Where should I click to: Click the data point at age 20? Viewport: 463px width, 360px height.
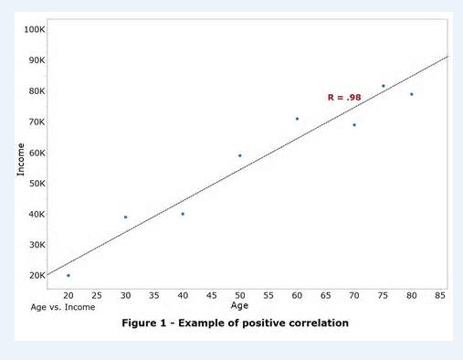[x=68, y=275]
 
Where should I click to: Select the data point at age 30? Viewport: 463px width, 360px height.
[x=125, y=217]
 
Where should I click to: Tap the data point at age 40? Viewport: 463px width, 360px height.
[x=183, y=214]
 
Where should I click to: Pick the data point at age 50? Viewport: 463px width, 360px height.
[x=239, y=155]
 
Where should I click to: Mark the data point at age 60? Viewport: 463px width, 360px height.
[x=297, y=119]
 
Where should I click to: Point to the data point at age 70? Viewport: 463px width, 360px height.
[x=354, y=124]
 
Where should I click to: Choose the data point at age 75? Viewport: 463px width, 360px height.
[x=383, y=86]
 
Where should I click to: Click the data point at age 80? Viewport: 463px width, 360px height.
[x=412, y=94]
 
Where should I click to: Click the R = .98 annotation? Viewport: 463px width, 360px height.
[x=344, y=97]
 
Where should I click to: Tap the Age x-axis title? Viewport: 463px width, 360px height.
[x=239, y=305]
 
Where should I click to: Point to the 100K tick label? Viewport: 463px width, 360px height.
[x=36, y=30]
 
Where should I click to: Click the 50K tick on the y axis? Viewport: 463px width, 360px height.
[x=36, y=184]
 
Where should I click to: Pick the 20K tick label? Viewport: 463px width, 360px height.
[x=36, y=275]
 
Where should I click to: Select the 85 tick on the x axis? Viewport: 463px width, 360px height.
[x=440, y=295]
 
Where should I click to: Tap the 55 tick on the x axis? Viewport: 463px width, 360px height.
[x=268, y=295]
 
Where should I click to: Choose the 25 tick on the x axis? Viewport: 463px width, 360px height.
[x=97, y=295]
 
